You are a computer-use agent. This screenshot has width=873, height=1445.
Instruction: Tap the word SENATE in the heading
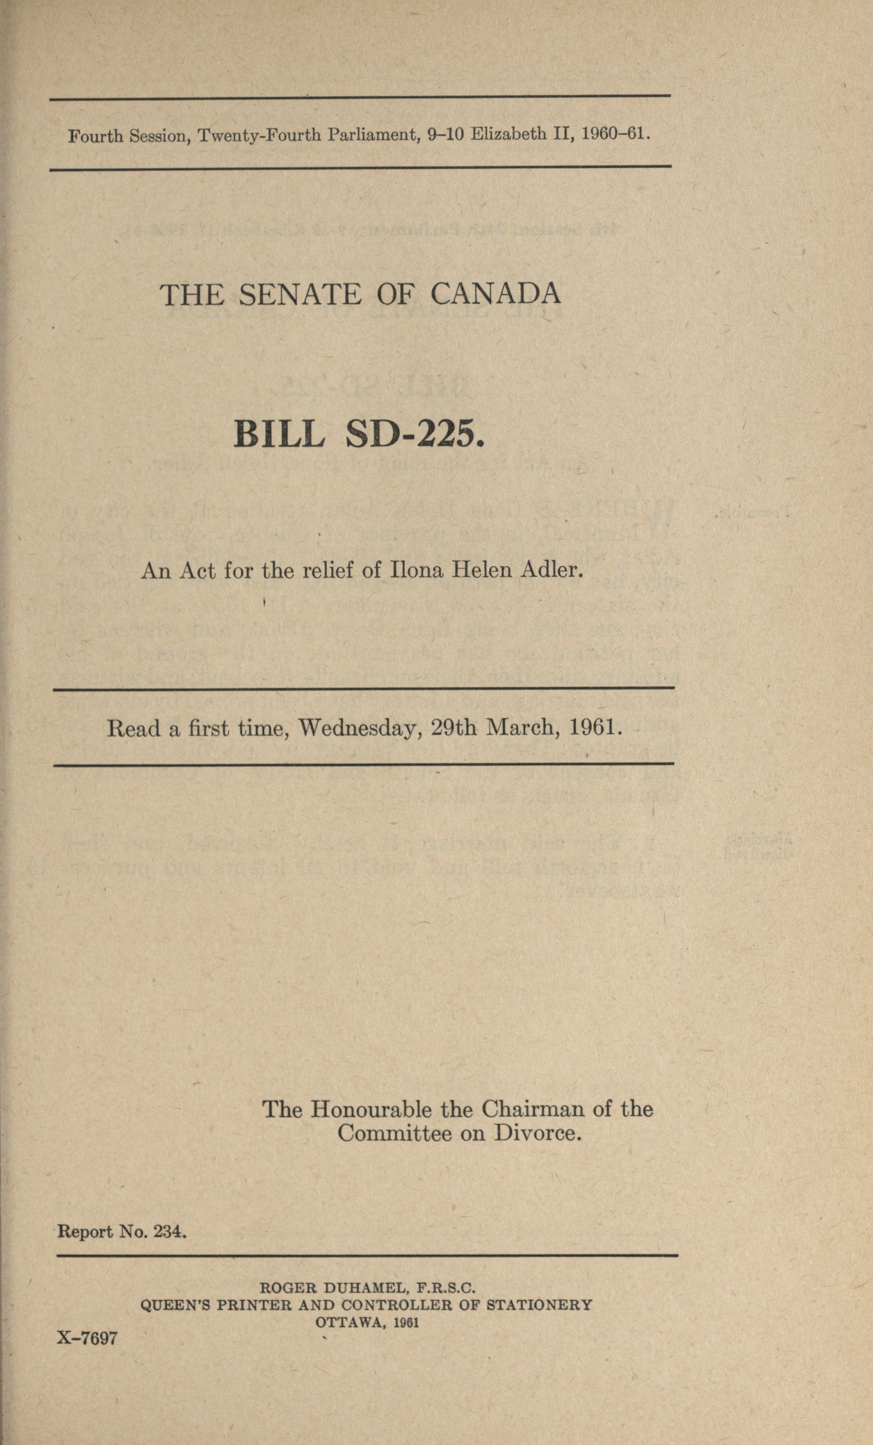(300, 294)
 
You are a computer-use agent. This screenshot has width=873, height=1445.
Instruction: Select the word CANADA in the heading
(496, 294)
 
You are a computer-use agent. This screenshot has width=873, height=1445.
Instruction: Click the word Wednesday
(361, 728)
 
